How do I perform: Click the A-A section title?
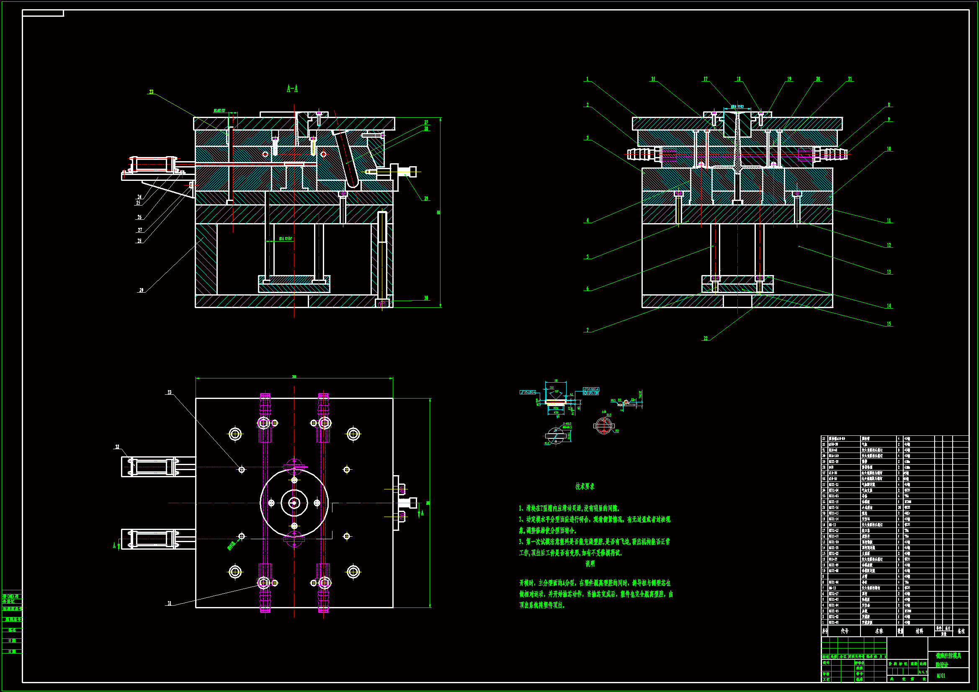point(293,89)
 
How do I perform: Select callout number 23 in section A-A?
point(151,92)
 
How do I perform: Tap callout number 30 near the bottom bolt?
point(426,298)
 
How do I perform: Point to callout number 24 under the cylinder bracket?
point(139,197)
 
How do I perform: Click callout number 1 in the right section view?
point(587,79)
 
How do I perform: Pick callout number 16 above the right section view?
point(653,79)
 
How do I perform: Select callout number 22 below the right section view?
point(706,339)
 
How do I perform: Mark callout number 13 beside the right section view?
point(889,272)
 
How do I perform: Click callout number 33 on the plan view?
point(169,392)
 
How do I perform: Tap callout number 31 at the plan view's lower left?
point(169,603)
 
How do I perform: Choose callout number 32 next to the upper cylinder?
point(117,447)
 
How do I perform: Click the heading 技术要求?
point(585,486)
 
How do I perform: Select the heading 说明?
point(590,563)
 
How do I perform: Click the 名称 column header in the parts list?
point(879,631)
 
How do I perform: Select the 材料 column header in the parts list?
point(919,631)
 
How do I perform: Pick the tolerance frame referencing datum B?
point(590,393)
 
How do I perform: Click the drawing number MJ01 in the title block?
point(940,676)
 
